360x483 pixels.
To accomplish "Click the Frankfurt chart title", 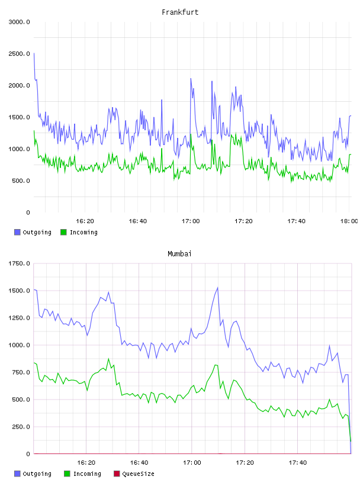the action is (180, 12).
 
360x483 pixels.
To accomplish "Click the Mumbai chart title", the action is (179, 254).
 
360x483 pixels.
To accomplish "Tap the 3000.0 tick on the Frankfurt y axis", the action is (20, 22).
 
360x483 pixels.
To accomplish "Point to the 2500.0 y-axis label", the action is (20, 54).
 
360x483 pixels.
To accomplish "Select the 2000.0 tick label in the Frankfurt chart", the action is (20, 85).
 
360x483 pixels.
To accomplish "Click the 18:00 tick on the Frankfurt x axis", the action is (349, 221).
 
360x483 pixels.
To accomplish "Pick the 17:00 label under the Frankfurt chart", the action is (191, 221).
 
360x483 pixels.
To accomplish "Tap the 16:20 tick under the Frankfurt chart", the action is (85, 221).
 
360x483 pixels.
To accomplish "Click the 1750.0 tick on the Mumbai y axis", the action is (20, 263).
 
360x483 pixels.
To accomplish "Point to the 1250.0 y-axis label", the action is (20, 318).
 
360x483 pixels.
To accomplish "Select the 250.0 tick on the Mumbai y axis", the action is (21, 427).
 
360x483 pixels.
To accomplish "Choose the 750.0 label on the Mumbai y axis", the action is (21, 372).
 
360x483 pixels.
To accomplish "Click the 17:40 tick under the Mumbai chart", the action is (298, 462).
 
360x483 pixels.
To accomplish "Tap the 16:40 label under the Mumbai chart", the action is (139, 462).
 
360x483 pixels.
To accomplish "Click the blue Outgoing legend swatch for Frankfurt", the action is (17, 232).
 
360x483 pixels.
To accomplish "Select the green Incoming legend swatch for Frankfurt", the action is (63, 232).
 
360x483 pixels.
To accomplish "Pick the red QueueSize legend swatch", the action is (117, 474).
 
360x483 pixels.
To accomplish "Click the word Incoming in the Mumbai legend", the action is (87, 474).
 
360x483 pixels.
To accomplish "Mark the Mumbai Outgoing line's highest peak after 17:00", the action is (218, 288).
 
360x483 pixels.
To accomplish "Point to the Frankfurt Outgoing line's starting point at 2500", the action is (34, 53).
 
